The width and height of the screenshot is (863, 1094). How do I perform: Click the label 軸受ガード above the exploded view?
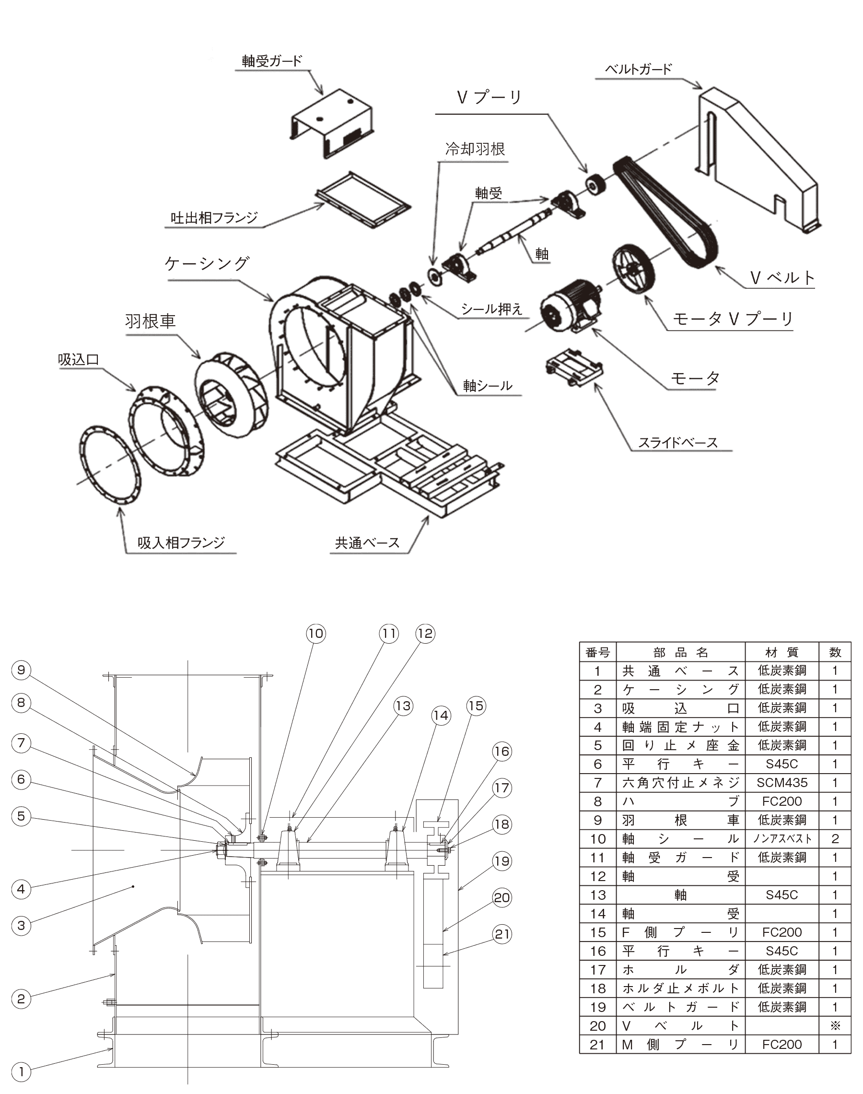271,61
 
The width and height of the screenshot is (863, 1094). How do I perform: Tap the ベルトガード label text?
638,69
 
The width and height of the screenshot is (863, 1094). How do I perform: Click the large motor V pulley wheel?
632,268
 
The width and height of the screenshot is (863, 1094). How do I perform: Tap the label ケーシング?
207,263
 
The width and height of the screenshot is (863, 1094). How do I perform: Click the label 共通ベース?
367,543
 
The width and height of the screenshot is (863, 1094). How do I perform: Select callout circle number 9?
21,670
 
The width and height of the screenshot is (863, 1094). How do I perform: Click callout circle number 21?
501,934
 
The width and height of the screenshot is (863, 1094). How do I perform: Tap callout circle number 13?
403,706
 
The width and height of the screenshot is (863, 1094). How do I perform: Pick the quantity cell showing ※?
835,1026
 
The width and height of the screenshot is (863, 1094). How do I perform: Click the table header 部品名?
680,652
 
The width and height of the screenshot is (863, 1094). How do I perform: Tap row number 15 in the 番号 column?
597,932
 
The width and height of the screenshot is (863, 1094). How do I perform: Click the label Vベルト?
782,277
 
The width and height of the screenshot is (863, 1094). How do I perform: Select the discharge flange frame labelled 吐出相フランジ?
363,200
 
